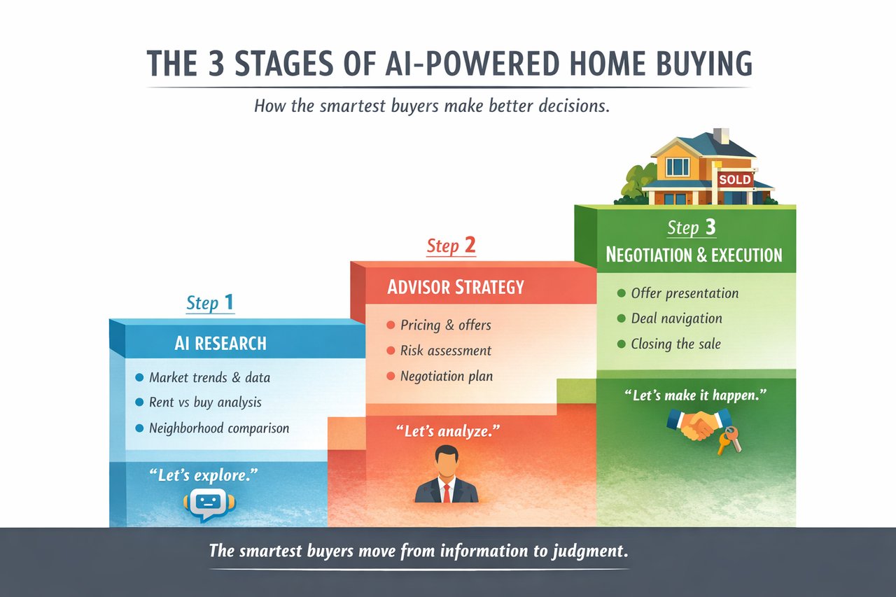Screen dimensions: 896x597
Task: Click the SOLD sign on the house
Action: (x=735, y=180)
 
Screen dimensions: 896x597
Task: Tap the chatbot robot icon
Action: (x=209, y=505)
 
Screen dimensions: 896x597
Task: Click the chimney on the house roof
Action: (x=721, y=136)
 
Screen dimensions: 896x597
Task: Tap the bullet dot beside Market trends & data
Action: (x=139, y=377)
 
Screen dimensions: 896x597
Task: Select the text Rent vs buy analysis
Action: (x=205, y=402)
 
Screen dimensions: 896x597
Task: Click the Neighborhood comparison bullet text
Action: (x=219, y=428)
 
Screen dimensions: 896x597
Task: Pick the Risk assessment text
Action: (x=446, y=351)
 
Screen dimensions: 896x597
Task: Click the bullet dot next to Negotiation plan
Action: (x=391, y=377)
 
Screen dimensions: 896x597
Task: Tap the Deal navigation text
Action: (x=677, y=318)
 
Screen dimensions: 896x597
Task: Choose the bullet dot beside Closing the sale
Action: (x=621, y=344)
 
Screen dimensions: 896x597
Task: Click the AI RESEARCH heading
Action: (x=220, y=344)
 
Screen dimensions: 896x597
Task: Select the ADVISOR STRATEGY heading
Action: (x=456, y=287)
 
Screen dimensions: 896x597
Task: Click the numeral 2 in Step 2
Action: (x=470, y=245)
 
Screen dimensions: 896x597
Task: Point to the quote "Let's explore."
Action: (x=204, y=475)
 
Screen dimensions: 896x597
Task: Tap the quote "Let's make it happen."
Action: (x=696, y=395)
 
